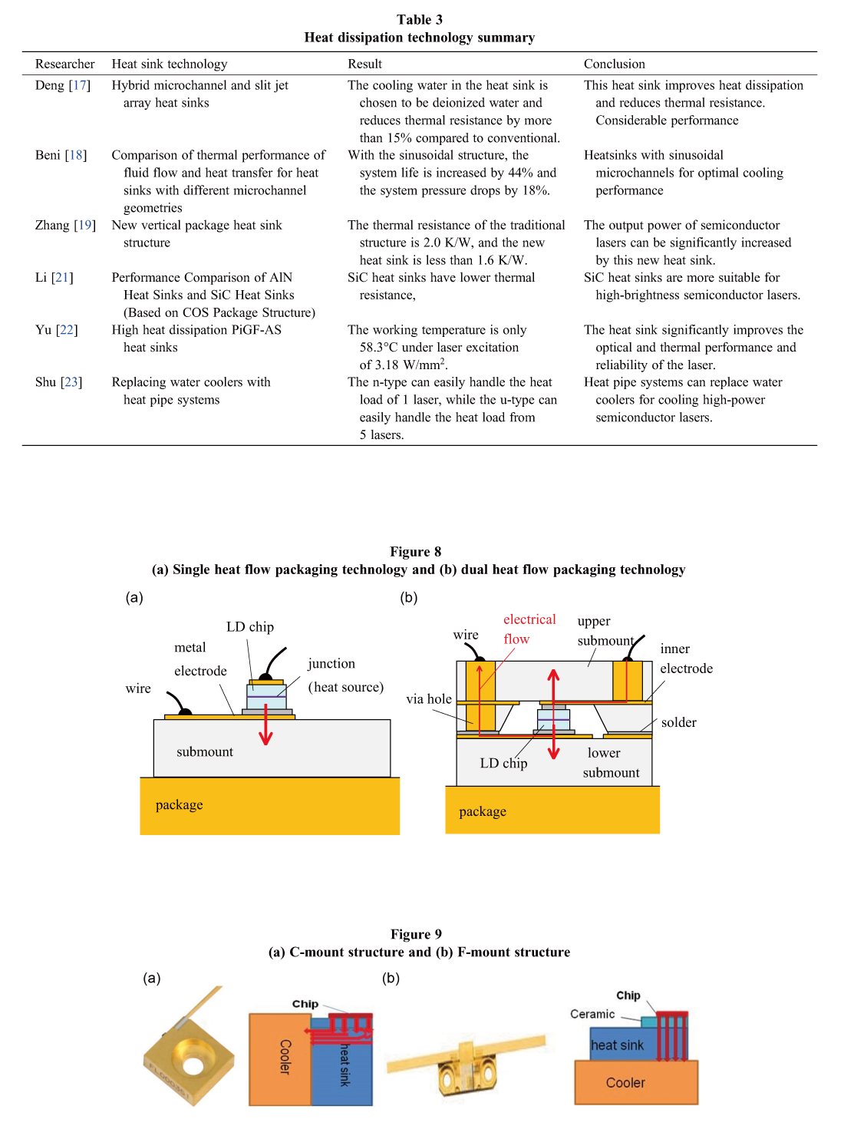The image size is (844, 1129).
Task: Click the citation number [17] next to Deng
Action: coord(79,85)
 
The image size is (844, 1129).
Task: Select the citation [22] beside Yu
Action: coord(67,330)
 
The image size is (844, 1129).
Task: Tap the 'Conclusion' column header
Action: coord(614,64)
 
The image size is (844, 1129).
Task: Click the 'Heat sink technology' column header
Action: coord(169,64)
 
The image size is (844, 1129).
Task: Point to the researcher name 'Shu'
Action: coord(45,382)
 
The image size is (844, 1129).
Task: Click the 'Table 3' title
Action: coord(419,20)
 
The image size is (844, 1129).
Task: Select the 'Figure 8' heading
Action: coord(415,552)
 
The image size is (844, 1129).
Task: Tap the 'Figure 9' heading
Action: coord(416,934)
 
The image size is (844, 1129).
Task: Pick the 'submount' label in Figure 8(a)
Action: coord(205,752)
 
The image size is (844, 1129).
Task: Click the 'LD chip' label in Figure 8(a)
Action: coord(249,627)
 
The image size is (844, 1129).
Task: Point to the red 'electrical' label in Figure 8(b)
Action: coord(529,619)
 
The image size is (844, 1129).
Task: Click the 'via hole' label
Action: coord(429,699)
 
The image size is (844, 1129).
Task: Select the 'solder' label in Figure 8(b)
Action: coord(678,722)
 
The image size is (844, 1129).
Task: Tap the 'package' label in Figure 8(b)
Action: coord(483,812)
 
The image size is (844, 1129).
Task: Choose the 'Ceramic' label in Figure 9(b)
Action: coord(592,1014)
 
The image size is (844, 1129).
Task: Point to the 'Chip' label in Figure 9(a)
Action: coord(305,1004)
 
